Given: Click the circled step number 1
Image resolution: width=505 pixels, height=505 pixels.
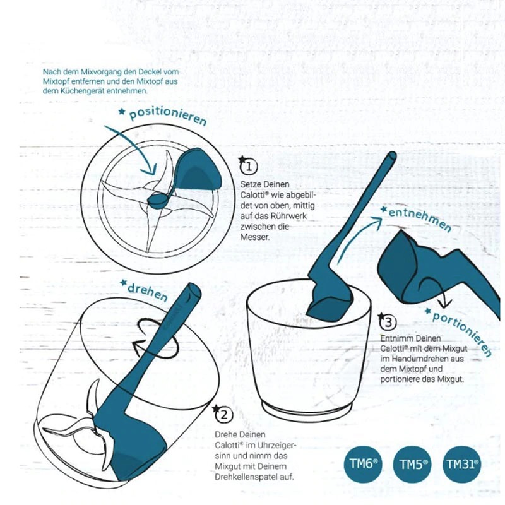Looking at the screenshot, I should tap(249, 167).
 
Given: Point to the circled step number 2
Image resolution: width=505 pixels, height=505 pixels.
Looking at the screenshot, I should tap(223, 415).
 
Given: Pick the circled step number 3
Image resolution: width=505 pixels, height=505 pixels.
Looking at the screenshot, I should tap(388, 323).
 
